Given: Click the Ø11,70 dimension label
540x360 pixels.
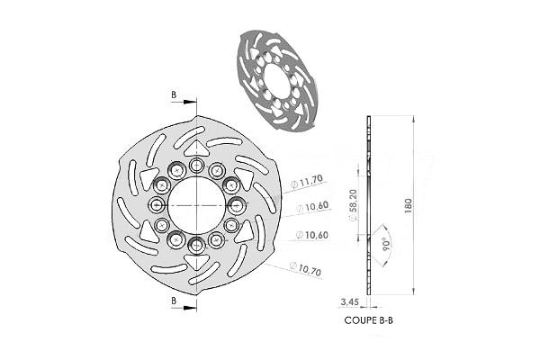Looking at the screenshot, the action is tap(307, 181).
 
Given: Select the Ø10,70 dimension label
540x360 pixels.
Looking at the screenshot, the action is tap(305, 268).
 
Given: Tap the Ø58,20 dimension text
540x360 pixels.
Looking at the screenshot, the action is tap(354, 205).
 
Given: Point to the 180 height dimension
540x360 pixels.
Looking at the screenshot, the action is tap(408, 206).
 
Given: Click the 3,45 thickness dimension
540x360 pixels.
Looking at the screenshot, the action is tap(349, 301).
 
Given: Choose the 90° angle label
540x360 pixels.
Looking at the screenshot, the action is tap(386, 244).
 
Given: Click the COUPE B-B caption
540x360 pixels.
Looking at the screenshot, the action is tap(368, 320).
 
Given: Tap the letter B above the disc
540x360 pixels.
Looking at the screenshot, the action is tap(174, 94).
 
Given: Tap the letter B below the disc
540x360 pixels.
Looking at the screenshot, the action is tap(174, 301).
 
